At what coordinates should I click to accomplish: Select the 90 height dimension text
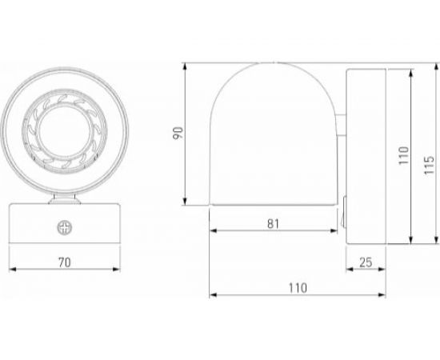coord(178,132)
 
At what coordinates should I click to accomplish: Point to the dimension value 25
coord(366,261)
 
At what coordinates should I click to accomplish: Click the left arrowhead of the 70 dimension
coord(10,270)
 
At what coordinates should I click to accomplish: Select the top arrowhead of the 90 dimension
coord(186,62)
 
